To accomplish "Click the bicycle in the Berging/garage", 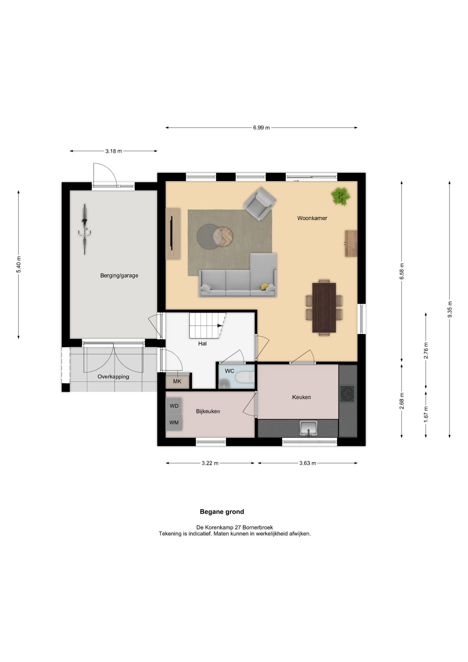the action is click(84, 229).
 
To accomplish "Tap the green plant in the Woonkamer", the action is click(340, 196).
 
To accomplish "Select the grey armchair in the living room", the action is click(260, 204).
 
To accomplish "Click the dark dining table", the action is click(324, 308).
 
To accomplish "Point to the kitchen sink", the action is click(308, 428).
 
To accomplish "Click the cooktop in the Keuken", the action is click(347, 393).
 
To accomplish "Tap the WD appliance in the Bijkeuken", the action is click(174, 406).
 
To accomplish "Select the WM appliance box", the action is click(174, 422).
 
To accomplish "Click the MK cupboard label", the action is click(177, 381).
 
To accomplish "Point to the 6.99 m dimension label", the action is click(262, 128).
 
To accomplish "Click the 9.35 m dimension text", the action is click(450, 309).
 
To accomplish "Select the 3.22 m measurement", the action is click(210, 463).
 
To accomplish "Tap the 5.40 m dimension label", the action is click(19, 264).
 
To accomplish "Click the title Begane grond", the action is click(222, 512).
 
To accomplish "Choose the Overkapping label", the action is click(113, 377).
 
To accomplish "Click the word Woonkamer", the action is click(312, 218).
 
